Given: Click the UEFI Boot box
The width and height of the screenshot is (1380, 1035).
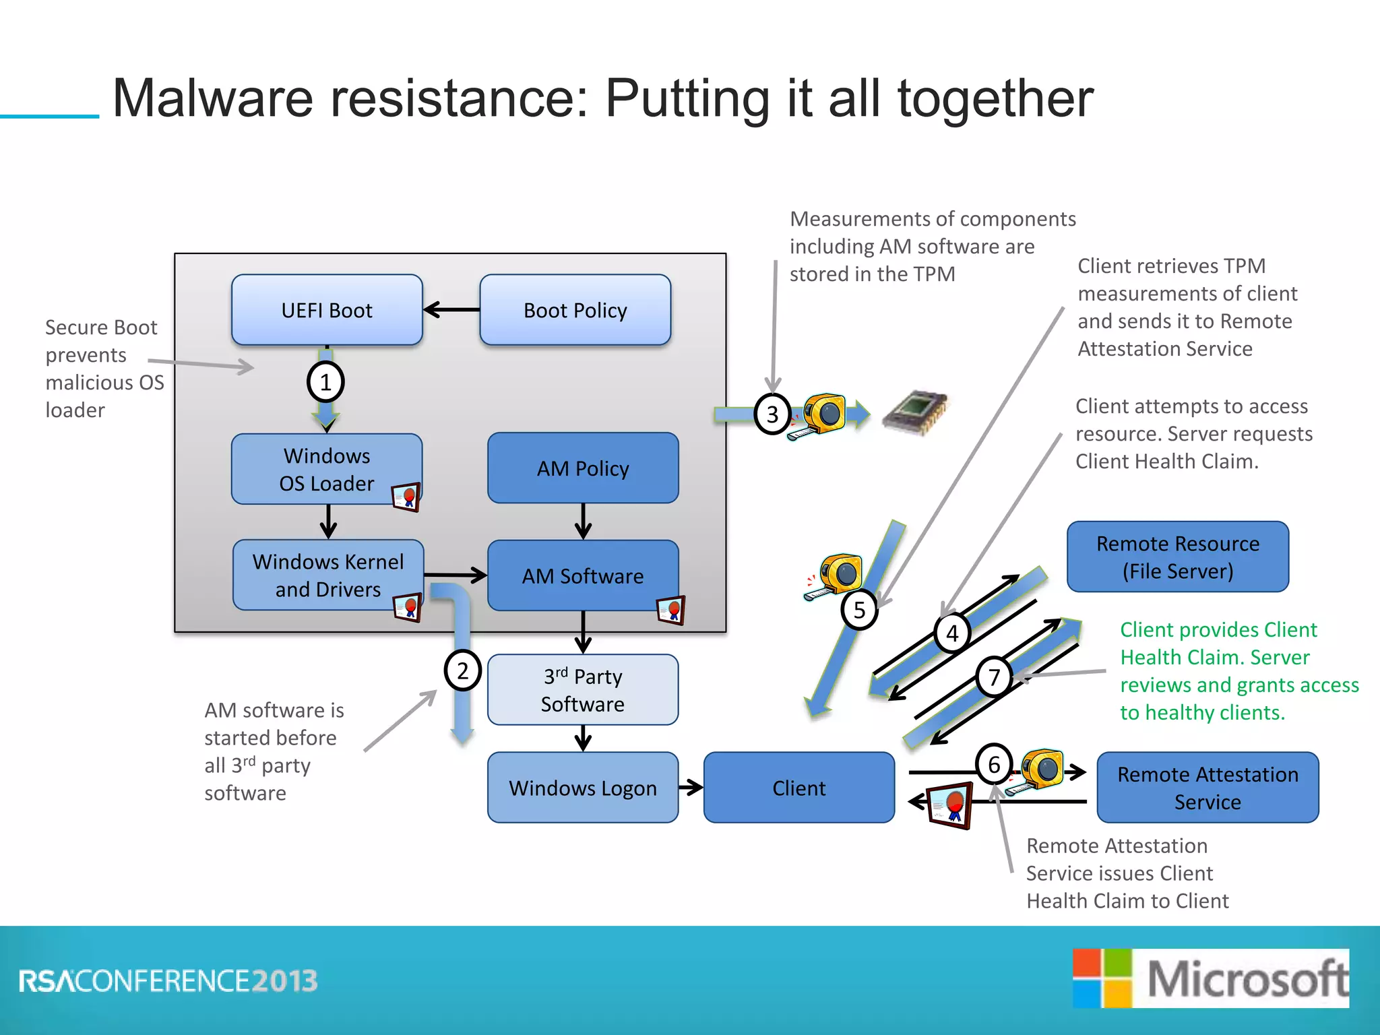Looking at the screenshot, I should (327, 310).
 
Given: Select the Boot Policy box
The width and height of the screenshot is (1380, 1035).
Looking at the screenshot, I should (575, 310).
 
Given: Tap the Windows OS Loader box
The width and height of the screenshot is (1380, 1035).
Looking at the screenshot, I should (327, 469).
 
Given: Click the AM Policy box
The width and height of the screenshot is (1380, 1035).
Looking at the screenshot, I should (583, 468).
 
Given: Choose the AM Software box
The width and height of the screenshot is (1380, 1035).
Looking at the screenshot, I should (583, 575).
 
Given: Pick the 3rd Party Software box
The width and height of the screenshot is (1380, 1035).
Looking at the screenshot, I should (583, 689).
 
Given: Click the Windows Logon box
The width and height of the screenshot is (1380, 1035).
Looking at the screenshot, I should (583, 787).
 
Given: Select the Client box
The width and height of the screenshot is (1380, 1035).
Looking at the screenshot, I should (799, 787).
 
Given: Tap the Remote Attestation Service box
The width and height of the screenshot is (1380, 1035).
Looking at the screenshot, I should (1207, 787).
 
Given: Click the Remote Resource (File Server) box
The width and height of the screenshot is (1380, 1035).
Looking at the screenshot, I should (1177, 557).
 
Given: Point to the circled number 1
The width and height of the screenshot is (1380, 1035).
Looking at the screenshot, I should (325, 382).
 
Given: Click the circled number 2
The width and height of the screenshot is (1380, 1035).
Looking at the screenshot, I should (462, 670).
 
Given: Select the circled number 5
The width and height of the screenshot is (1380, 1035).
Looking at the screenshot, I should (859, 610).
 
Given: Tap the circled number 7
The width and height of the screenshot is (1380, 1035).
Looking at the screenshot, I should (994, 677).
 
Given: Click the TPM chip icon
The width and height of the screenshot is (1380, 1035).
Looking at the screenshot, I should (915, 412).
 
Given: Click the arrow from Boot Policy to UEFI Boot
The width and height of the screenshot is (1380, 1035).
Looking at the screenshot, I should (451, 310).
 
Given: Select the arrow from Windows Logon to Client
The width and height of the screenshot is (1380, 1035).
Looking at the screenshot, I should (691, 787).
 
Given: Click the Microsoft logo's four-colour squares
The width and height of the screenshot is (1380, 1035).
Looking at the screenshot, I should (1102, 978).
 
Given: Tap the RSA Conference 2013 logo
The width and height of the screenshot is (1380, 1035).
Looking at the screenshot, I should (168, 981).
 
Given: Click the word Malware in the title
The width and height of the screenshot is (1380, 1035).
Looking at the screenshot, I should (213, 98).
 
